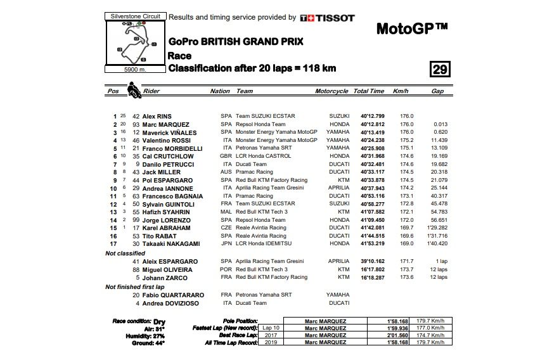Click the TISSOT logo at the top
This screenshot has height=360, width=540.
(327, 18)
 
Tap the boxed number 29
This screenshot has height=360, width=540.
(439, 69)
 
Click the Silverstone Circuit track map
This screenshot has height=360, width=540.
(136, 42)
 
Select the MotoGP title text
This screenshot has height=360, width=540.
(412, 29)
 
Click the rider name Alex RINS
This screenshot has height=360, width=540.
(157, 117)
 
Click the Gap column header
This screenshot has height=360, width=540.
(437, 91)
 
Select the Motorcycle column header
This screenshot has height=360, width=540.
(331, 91)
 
